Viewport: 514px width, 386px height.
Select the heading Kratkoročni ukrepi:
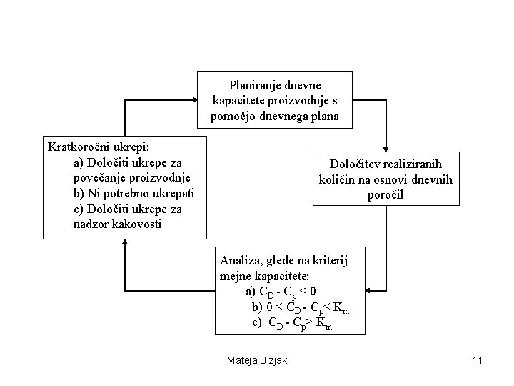99,147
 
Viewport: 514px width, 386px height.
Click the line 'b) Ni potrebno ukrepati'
133,193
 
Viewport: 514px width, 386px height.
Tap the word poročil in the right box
385,194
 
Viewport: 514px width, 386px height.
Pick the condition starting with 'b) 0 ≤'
300,307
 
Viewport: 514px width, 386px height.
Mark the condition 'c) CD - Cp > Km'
293,322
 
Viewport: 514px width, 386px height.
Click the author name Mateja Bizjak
256,360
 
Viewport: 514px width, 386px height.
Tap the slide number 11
478,360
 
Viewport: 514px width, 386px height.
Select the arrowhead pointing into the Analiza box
371,291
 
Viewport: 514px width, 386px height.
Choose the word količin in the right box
337,179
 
